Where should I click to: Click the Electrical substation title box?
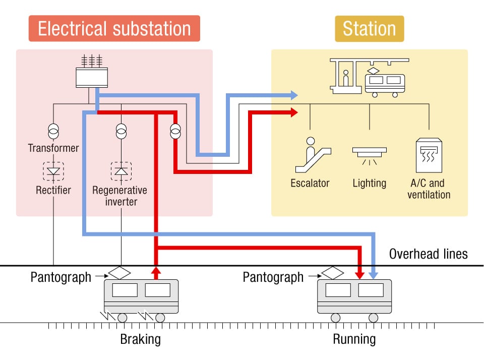114,28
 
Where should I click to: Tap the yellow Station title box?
370,28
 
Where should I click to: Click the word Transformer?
53,148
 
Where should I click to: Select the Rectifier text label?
53,190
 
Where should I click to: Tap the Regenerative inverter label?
120,196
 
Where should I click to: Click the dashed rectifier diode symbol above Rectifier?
53,171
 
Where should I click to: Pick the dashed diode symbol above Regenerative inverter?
121,171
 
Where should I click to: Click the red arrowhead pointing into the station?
294,113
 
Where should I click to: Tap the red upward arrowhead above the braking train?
156,272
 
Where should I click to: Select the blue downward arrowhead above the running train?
373,274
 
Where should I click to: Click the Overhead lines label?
428,254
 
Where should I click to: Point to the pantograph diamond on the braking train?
119,272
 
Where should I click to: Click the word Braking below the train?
141,339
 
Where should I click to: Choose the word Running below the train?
354,339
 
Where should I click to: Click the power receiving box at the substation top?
92,77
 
